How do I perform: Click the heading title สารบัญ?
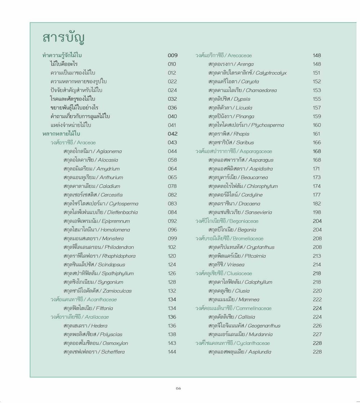(x=63, y=37)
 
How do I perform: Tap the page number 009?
(x=172, y=55)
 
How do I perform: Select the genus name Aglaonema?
(x=109, y=151)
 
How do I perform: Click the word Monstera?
(x=113, y=239)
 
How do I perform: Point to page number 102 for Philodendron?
(x=172, y=247)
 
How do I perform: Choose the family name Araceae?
(x=86, y=143)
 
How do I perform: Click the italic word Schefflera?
(x=113, y=352)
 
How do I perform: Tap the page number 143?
(x=172, y=343)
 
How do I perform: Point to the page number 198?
(x=317, y=212)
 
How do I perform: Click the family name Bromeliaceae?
(x=248, y=239)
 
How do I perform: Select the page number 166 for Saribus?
(x=317, y=143)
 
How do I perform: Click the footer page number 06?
(x=179, y=388)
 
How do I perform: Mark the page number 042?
(x=172, y=134)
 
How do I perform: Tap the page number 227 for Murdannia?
(x=317, y=334)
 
